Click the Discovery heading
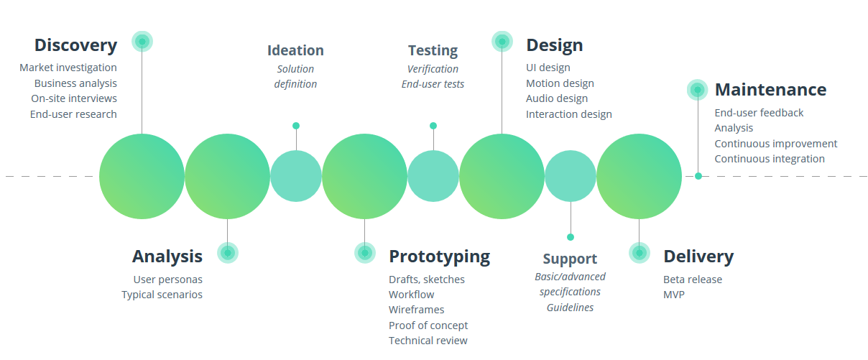click(76, 46)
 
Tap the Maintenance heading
click(771, 90)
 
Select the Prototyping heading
click(440, 257)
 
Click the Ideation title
click(295, 50)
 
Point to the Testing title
click(433, 51)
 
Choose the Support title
click(570, 259)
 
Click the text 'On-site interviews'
click(74, 98)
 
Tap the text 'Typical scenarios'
click(162, 295)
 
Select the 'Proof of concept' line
click(428, 326)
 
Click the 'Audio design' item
click(557, 99)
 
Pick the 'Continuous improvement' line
click(776, 144)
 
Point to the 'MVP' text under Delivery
click(674, 295)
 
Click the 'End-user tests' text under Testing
click(433, 84)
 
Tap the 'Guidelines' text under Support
click(570, 308)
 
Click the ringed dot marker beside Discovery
click(142, 42)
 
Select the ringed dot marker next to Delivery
click(640, 253)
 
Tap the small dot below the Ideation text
click(296, 126)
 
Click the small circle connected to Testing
click(433, 126)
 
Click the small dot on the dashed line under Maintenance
click(698, 176)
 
